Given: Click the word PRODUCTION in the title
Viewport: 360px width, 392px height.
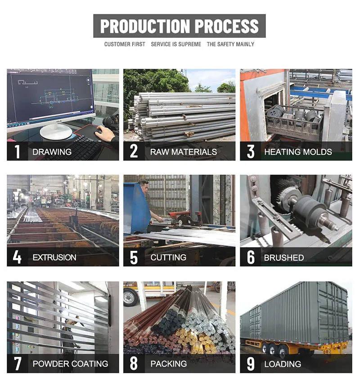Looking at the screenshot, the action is tap(145, 26).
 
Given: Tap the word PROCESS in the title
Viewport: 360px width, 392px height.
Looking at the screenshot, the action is tap(227, 26).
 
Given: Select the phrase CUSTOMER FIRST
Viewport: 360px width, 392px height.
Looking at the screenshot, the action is tap(125, 44).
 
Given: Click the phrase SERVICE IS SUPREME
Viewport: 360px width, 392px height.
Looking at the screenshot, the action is tap(176, 44).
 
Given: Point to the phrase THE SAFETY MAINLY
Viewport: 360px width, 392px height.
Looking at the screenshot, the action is tap(230, 44).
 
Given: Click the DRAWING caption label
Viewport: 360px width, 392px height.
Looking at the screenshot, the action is tap(52, 152).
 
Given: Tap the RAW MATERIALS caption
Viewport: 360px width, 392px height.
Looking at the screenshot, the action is tap(184, 152).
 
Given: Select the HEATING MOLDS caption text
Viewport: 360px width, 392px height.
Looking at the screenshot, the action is tap(298, 152).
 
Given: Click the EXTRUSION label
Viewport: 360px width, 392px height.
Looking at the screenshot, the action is tap(54, 257).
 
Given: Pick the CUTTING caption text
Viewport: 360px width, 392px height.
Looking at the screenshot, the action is tap(168, 257).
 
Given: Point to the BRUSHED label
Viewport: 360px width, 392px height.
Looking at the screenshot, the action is tap(284, 258).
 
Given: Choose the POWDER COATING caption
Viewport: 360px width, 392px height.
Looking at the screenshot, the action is tap(71, 364).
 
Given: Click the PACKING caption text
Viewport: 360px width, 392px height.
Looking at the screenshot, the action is tap(169, 364).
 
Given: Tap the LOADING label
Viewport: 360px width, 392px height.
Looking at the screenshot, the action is tap(283, 364).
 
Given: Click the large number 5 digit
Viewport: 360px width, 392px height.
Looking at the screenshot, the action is tap(134, 258).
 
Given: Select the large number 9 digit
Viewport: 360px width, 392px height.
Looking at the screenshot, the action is tap(251, 364).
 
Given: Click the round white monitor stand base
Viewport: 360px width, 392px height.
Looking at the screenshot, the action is tap(56, 131).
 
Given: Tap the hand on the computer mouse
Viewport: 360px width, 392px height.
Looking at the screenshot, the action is tap(104, 133).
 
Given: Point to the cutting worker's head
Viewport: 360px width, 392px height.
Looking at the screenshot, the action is tap(144, 185).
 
